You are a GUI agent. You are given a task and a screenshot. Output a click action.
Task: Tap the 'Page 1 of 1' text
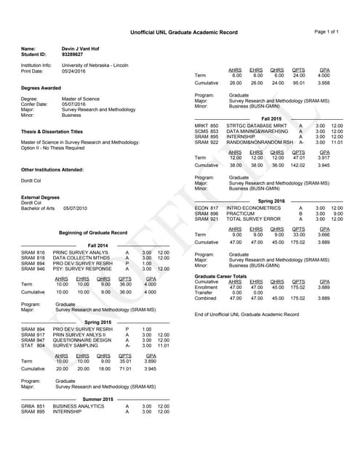point(327,32)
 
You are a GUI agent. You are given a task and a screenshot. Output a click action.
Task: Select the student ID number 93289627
point(73,54)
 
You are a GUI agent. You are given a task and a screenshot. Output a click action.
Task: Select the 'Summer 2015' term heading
point(98,399)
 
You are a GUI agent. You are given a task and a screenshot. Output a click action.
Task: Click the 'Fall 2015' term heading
point(271,118)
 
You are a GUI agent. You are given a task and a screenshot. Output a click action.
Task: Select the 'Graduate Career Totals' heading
point(222,276)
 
